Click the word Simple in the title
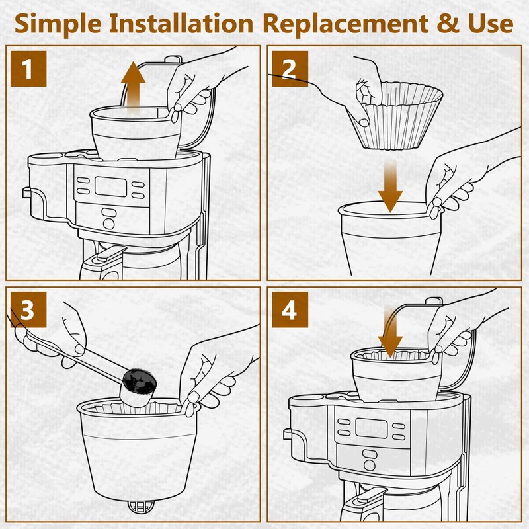[x=58, y=24]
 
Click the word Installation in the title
[x=181, y=24]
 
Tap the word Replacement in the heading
[x=345, y=24]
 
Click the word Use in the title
[x=490, y=24]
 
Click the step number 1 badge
[x=28, y=69]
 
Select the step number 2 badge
[x=290, y=69]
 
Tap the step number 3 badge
[x=28, y=309]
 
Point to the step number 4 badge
[x=290, y=309]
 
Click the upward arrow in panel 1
[x=134, y=89]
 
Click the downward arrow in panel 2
[x=390, y=186]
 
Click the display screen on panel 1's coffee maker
[x=110, y=186]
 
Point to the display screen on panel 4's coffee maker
[x=371, y=428]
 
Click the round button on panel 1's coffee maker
[x=108, y=224]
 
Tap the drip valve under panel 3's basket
[x=141, y=507]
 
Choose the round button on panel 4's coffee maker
[x=370, y=466]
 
